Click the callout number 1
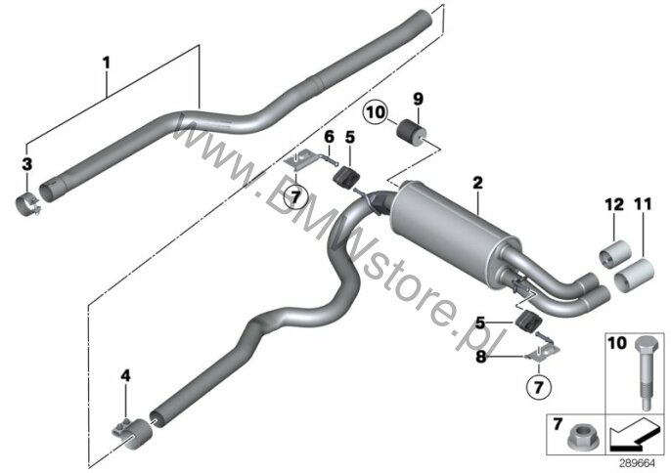106,64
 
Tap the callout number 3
27,164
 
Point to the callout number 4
125,376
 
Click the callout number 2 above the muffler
478,183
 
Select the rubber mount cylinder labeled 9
412,131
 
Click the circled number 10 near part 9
376,112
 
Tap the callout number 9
418,100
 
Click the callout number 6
329,137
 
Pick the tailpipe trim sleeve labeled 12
615,255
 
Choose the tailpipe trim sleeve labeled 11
634,275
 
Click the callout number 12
614,205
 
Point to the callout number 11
643,204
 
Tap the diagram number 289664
637,463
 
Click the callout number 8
481,357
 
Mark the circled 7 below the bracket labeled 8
539,387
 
